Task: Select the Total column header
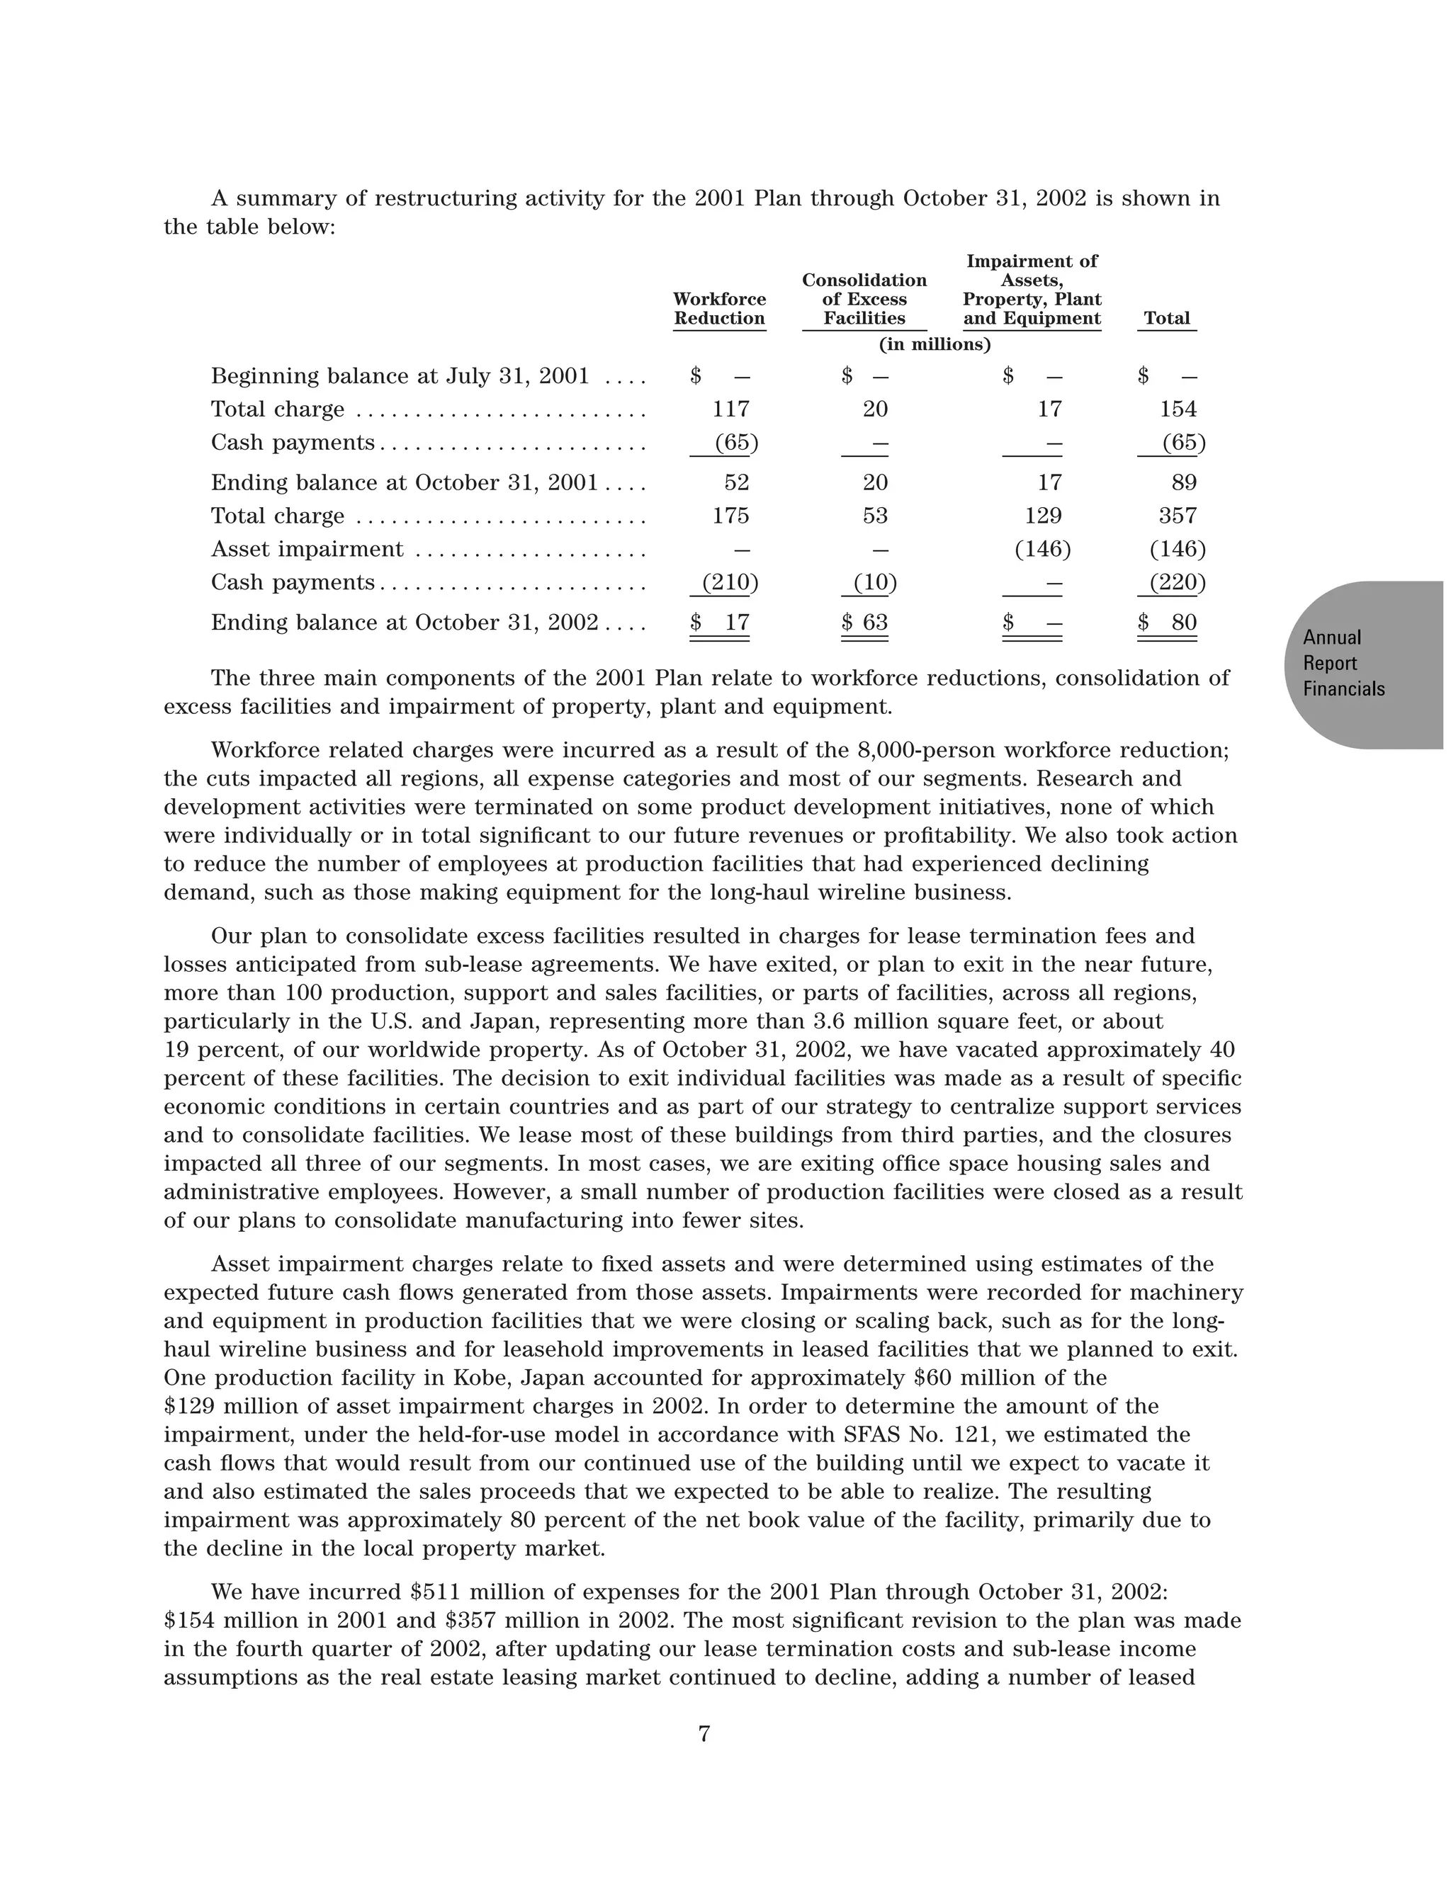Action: coord(1166,318)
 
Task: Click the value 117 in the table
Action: coord(730,409)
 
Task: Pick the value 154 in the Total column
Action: coord(1178,409)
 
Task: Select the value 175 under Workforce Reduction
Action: coord(730,516)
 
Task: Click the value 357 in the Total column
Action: coord(1178,516)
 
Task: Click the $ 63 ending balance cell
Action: coord(865,622)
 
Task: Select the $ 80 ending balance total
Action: coord(1168,622)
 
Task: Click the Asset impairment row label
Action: coord(307,549)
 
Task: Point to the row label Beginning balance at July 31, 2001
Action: coord(400,376)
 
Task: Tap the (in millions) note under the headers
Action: coord(935,345)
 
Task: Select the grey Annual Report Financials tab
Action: coord(1358,664)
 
